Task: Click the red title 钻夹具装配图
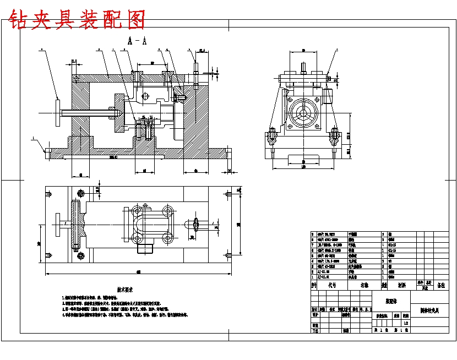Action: (x=78, y=20)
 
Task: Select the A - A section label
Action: (x=137, y=41)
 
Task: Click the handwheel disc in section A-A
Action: (x=57, y=113)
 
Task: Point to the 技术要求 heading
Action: (x=125, y=290)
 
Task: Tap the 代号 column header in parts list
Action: (x=332, y=286)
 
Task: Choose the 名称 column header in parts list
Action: (x=364, y=286)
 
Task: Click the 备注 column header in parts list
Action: (x=441, y=286)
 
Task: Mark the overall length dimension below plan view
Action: (x=138, y=272)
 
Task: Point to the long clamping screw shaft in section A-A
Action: (x=88, y=113)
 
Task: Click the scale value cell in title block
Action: (x=406, y=324)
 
